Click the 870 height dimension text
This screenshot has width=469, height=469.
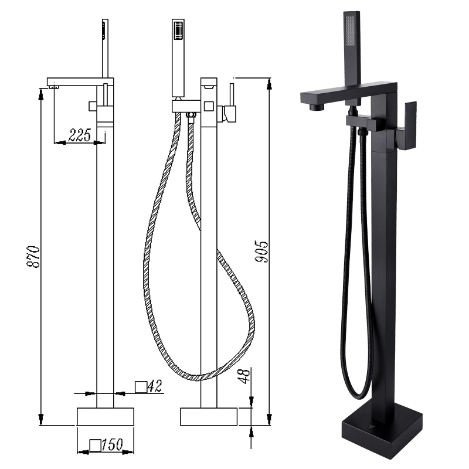33,257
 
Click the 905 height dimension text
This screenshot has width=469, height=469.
261,252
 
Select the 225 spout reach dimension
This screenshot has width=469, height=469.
80,135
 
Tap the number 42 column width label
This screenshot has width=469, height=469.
155,386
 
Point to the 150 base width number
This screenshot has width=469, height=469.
112,445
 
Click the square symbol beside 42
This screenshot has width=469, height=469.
141,387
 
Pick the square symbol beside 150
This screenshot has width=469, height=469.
95,445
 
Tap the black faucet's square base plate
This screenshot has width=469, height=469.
382,429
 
